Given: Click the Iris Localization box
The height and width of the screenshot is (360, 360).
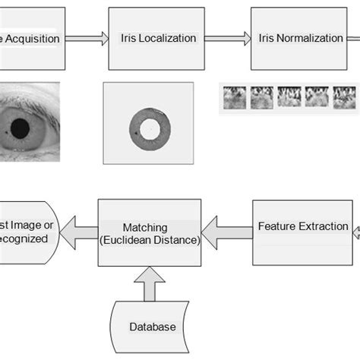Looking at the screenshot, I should click(157, 38).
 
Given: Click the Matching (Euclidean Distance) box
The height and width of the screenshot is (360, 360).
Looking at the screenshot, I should click(150, 232).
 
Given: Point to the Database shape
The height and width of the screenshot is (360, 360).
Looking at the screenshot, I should click(152, 325).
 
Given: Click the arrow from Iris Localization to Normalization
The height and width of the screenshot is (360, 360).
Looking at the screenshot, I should click(228, 38).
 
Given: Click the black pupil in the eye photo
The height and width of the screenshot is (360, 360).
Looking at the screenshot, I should click(21, 126).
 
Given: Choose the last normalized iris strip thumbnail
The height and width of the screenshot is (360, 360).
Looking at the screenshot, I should click(344, 97).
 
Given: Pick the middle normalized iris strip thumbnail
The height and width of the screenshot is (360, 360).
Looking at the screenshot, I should click(289, 97).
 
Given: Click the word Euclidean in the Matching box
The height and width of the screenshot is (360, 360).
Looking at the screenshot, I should click(137, 241).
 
